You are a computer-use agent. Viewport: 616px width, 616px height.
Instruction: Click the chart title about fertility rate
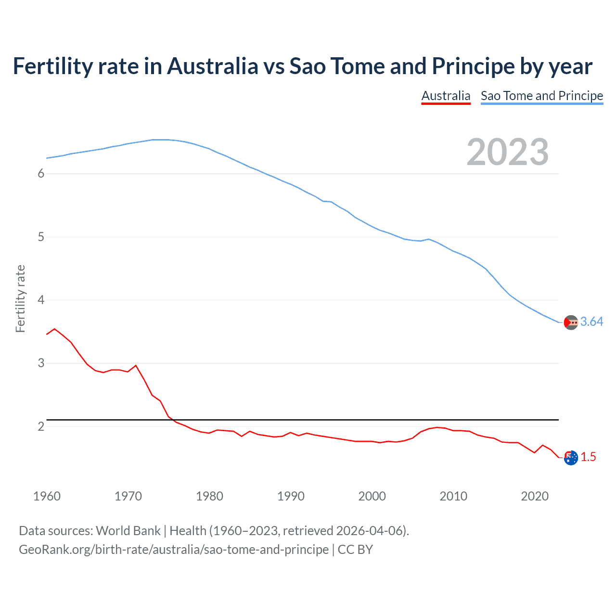coord(302,66)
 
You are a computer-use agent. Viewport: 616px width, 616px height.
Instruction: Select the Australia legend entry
coord(446,96)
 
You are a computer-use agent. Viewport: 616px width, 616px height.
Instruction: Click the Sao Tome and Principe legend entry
coord(541,96)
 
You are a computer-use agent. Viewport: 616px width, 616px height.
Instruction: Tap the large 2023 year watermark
coord(507,152)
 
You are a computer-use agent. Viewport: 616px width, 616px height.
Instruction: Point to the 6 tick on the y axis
coord(41,174)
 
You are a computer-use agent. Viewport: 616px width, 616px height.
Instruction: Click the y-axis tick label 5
coord(41,237)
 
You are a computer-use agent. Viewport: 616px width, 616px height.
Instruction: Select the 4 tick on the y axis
coord(41,300)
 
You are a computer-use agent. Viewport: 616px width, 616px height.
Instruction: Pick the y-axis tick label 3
coord(41,363)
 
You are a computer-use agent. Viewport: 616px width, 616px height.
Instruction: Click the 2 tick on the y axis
coord(41,426)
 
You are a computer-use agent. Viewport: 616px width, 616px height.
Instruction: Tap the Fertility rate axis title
coord(20,298)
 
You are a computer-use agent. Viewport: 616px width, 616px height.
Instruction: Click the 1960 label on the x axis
coord(47,496)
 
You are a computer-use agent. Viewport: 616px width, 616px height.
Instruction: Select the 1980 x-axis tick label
coord(209,496)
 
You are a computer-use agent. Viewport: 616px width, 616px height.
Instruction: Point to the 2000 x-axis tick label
coord(372,496)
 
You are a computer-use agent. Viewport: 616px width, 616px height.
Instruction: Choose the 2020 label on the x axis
coord(535,496)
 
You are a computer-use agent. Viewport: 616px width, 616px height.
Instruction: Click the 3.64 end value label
coord(591,322)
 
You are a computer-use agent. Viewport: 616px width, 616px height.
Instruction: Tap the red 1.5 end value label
coord(588,457)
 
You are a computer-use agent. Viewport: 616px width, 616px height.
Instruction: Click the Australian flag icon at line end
coord(571,458)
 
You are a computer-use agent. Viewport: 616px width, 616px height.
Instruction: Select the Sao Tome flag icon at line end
coord(571,322)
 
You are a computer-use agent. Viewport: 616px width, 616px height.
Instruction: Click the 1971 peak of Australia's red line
coord(136,365)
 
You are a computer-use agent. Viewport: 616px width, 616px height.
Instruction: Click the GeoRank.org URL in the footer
coord(174,550)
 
